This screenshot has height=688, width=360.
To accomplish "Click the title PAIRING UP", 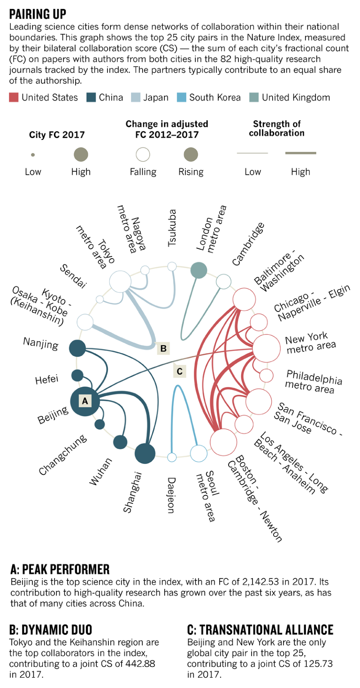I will point(38,13).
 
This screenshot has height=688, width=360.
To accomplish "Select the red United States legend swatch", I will point(14,98).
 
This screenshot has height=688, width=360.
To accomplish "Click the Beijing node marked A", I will point(85,401).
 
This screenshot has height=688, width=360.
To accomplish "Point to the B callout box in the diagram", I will point(163,348).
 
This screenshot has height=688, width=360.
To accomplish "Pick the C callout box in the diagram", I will point(179,371).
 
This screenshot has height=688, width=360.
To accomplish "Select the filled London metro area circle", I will point(199,270).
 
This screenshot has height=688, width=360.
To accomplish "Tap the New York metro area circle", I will point(267,348).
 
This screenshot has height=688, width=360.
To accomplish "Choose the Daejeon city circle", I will point(172,457).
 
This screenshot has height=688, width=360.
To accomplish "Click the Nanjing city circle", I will point(77,348).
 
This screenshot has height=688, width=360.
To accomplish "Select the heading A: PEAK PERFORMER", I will point(60,570).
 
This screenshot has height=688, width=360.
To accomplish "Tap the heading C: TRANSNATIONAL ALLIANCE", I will point(260,630).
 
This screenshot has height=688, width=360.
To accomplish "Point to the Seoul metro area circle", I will point(199,454).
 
